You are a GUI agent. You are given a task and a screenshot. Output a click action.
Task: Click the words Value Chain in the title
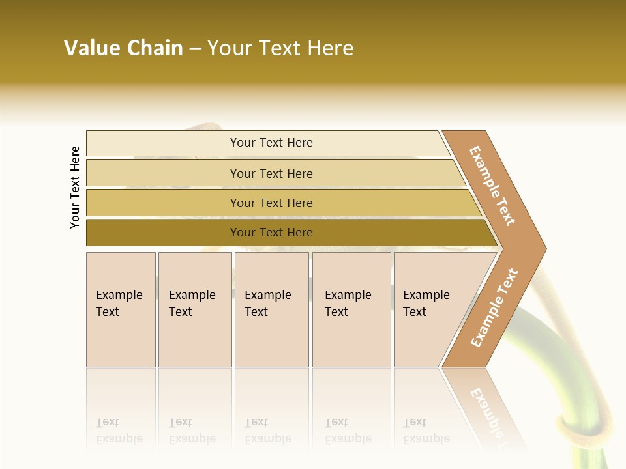[123, 48]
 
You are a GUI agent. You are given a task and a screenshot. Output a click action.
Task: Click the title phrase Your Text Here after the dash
[280, 48]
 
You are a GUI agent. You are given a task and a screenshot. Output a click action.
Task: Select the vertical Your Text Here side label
[75, 187]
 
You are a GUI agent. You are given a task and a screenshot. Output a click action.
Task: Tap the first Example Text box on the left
[121, 309]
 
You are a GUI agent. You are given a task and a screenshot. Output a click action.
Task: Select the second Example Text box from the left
[194, 309]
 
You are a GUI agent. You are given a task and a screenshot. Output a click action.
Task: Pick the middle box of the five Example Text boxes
[271, 309]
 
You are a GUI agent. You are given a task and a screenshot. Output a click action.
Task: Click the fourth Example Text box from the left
[351, 309]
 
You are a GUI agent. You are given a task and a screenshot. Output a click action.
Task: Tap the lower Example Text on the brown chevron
[494, 308]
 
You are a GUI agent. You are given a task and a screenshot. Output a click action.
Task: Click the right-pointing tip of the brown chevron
[543, 249]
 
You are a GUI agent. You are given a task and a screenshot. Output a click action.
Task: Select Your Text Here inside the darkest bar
[271, 233]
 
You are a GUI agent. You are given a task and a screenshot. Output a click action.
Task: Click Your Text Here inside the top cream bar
[271, 143]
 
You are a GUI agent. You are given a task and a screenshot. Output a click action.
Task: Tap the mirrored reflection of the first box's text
[119, 431]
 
